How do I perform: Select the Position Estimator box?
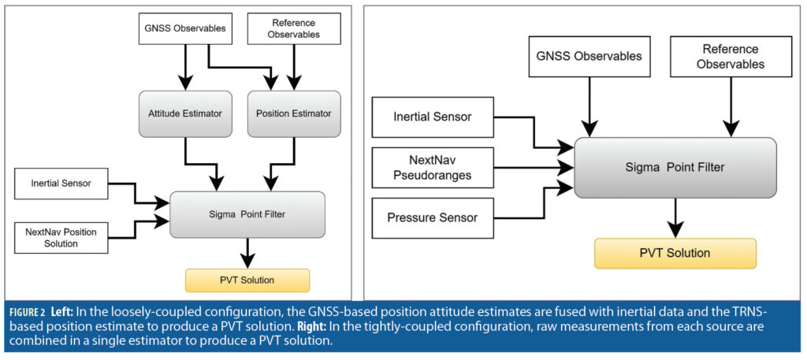tap(294, 113)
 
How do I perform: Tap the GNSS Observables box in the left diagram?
tap(185, 30)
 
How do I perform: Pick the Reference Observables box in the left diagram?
tap(294, 29)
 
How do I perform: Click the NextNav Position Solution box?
tap(61, 236)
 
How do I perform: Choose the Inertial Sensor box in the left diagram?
tap(61, 184)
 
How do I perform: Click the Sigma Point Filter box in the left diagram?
tap(247, 213)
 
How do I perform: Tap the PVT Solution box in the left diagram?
tap(247, 280)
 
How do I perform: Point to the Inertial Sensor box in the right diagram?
tap(432, 117)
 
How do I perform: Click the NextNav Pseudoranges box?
tap(432, 167)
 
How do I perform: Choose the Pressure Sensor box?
tap(432, 217)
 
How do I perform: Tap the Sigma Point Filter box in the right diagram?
tap(675, 167)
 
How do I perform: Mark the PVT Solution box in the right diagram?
tap(675, 253)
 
